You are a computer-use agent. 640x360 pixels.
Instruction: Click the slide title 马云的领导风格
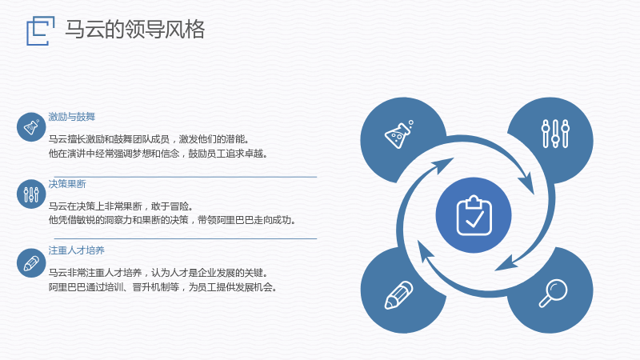(134, 30)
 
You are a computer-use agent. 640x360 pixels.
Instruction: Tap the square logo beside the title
(41, 30)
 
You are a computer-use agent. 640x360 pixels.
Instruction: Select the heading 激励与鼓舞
(72, 117)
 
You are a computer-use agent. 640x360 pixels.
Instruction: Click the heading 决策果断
(67, 184)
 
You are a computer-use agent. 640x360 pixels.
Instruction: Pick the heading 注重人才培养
(77, 250)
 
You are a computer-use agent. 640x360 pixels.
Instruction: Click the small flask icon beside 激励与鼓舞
(31, 127)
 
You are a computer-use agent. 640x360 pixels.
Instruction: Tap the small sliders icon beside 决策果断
(31, 194)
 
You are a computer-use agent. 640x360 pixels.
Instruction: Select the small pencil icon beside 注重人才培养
(31, 263)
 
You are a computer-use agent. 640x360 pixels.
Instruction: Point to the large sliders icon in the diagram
(555, 134)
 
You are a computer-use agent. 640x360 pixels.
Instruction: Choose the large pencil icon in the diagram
(398, 294)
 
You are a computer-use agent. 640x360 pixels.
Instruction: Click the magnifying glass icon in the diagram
(553, 293)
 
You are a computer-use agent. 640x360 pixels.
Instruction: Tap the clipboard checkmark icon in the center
(474, 215)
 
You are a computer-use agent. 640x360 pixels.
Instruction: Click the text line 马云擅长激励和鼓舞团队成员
(149, 139)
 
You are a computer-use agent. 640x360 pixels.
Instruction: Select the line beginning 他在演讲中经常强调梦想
(158, 154)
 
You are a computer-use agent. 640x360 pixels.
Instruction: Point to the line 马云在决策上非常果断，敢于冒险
(121, 206)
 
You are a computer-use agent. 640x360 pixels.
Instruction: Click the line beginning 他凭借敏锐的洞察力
(172, 220)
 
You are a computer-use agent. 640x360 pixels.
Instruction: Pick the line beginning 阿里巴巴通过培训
(163, 287)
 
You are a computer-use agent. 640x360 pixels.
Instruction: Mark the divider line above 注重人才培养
(186, 238)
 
